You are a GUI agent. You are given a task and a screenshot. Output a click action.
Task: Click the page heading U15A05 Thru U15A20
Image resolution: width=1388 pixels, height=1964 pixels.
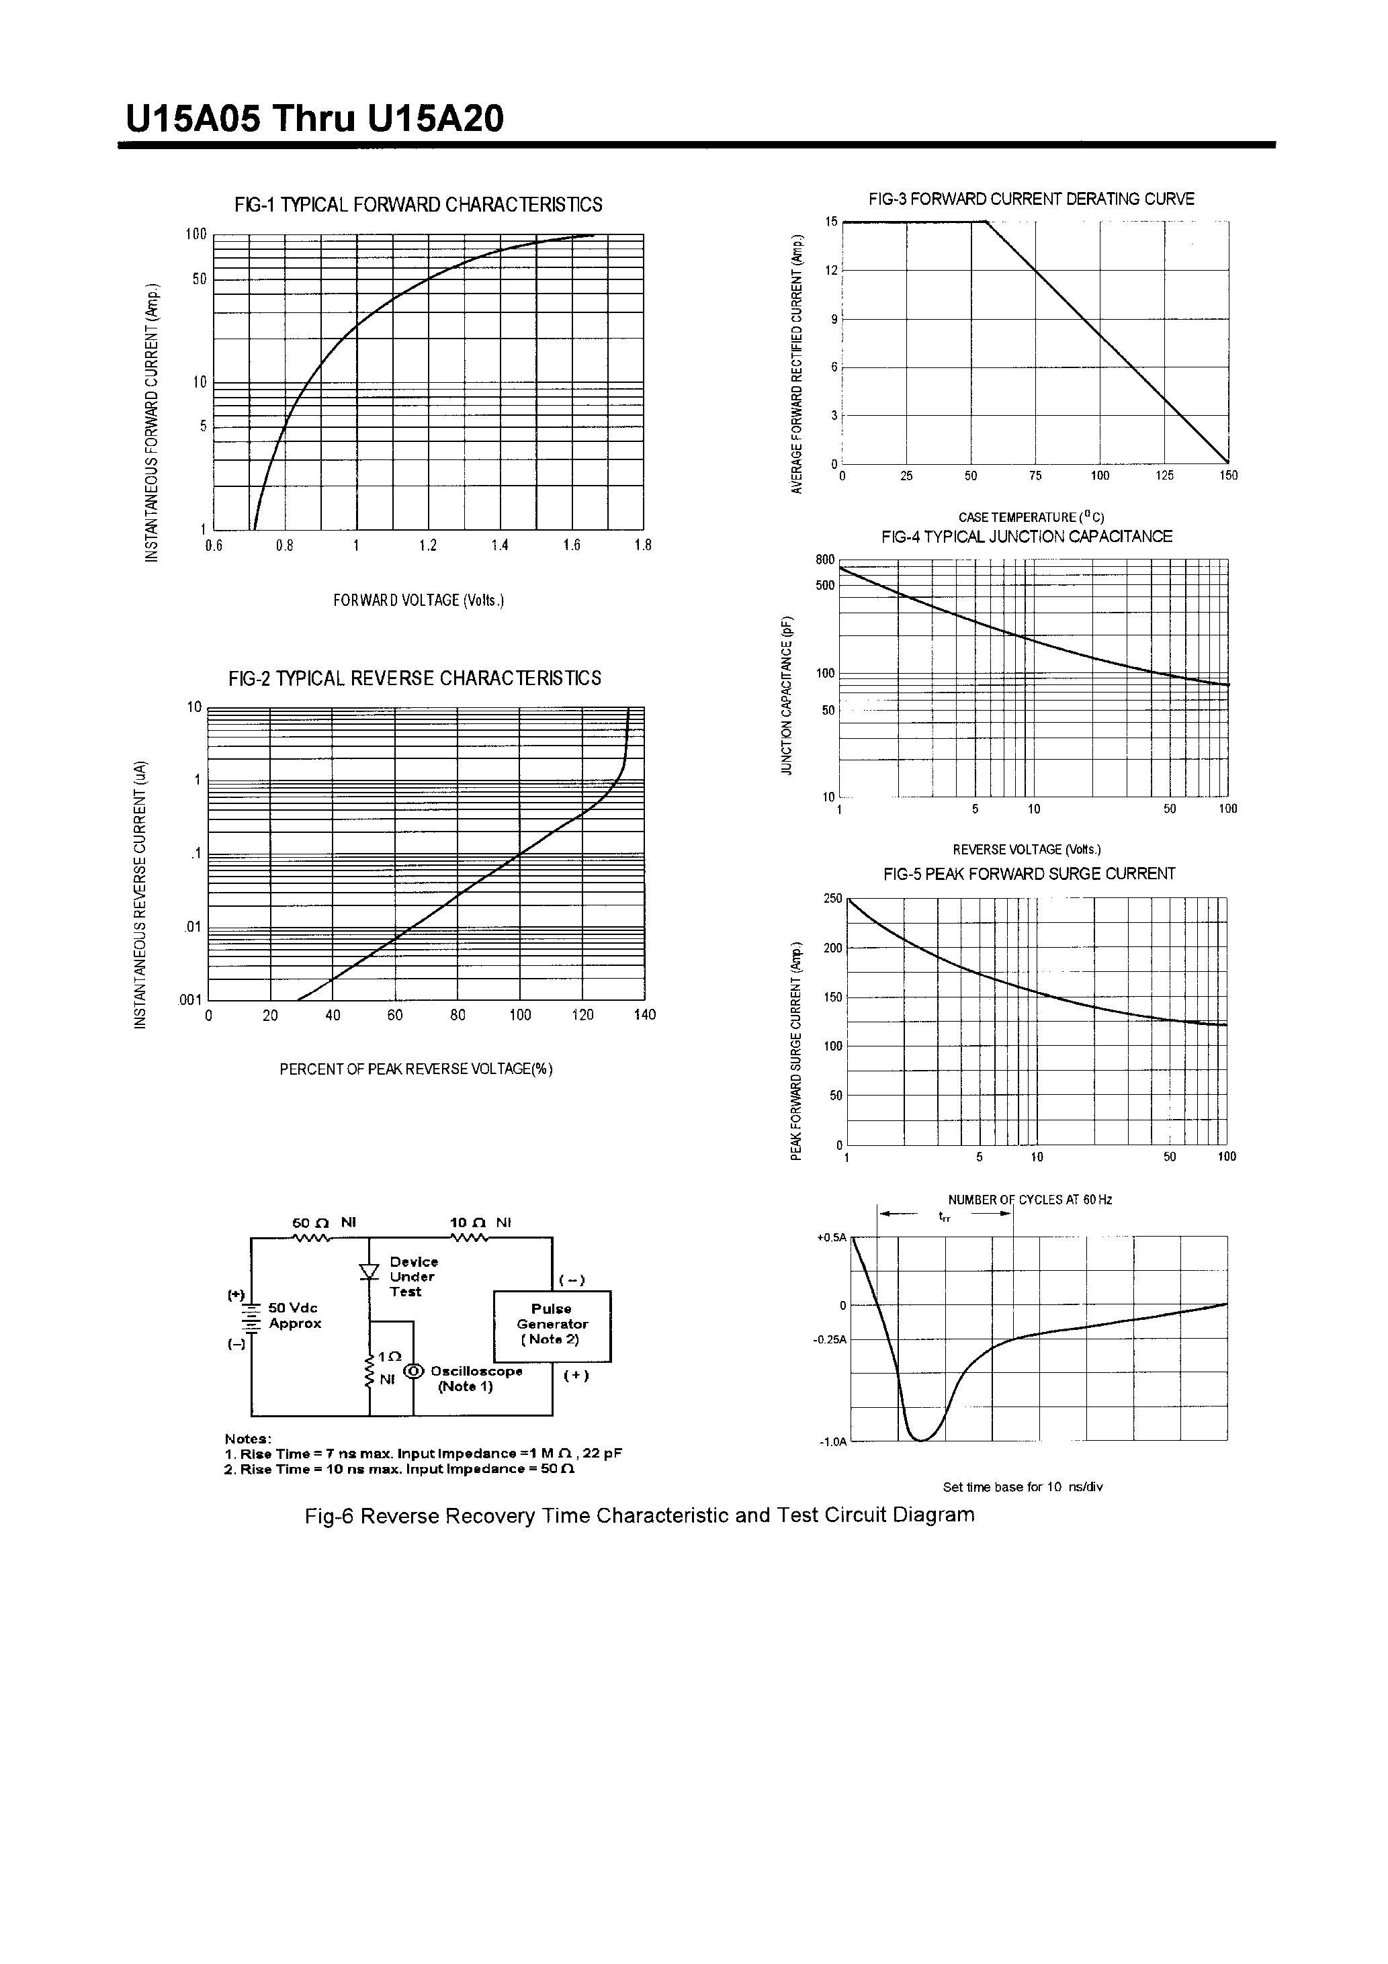[x=315, y=120]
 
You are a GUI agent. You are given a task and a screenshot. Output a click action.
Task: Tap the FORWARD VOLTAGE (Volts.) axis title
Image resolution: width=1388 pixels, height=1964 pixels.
[x=419, y=600]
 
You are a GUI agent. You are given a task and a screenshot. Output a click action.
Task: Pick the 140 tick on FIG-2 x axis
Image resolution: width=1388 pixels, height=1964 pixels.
[x=644, y=1016]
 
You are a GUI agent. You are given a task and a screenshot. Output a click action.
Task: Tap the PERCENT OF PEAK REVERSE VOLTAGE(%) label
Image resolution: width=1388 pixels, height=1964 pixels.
[x=416, y=1069]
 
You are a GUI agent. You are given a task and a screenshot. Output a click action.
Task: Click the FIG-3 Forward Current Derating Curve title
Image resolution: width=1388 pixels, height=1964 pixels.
[x=1031, y=199]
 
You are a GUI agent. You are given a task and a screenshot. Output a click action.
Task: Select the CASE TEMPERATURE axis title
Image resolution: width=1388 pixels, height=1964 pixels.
[x=1031, y=517]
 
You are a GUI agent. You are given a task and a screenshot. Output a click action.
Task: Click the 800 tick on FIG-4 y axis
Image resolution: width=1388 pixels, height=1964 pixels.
[x=824, y=560]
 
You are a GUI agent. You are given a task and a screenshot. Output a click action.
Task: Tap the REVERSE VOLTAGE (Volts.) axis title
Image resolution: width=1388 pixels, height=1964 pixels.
[x=1027, y=850]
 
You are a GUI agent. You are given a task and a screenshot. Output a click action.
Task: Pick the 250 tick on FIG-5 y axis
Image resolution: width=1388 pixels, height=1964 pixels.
[x=832, y=899]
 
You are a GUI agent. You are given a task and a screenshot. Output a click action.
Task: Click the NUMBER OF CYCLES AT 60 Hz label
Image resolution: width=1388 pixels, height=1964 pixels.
[x=1029, y=1200]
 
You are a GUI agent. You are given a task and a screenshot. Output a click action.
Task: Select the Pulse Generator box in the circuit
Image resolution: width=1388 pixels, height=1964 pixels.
[x=552, y=1326]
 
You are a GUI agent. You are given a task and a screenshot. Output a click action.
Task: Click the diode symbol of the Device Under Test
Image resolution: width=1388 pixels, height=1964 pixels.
[x=370, y=1272]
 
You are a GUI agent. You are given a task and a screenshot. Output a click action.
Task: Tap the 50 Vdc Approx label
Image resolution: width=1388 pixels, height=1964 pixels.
[x=294, y=1316]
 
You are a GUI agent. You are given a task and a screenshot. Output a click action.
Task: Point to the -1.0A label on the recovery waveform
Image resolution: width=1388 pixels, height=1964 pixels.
[x=832, y=1442]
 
